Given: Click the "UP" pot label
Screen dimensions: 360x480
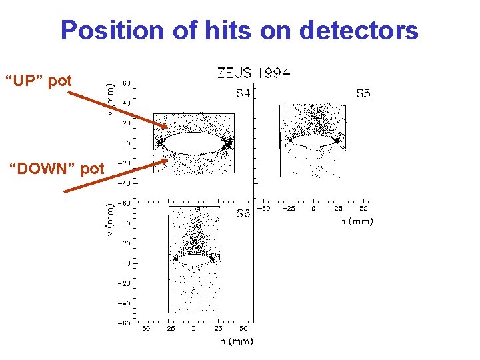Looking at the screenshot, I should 38,81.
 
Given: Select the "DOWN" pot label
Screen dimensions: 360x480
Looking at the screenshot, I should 56,169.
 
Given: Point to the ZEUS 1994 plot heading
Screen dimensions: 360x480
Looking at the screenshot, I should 254,73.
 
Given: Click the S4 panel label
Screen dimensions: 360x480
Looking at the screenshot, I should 243,94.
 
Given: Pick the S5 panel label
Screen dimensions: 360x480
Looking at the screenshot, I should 363,94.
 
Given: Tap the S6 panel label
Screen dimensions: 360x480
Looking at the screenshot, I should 243,214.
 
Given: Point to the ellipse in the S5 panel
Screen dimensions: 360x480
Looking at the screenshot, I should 309,140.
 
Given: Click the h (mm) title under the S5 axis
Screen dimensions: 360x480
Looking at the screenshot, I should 356,221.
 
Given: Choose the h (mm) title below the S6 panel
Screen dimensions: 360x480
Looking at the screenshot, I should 237,341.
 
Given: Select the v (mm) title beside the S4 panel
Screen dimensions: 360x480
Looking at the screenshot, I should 111,98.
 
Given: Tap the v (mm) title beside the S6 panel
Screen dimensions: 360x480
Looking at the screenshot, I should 111,218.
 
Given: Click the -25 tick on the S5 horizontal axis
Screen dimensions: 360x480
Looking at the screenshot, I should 289,208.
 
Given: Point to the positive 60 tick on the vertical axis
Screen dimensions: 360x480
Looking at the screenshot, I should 126,83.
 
